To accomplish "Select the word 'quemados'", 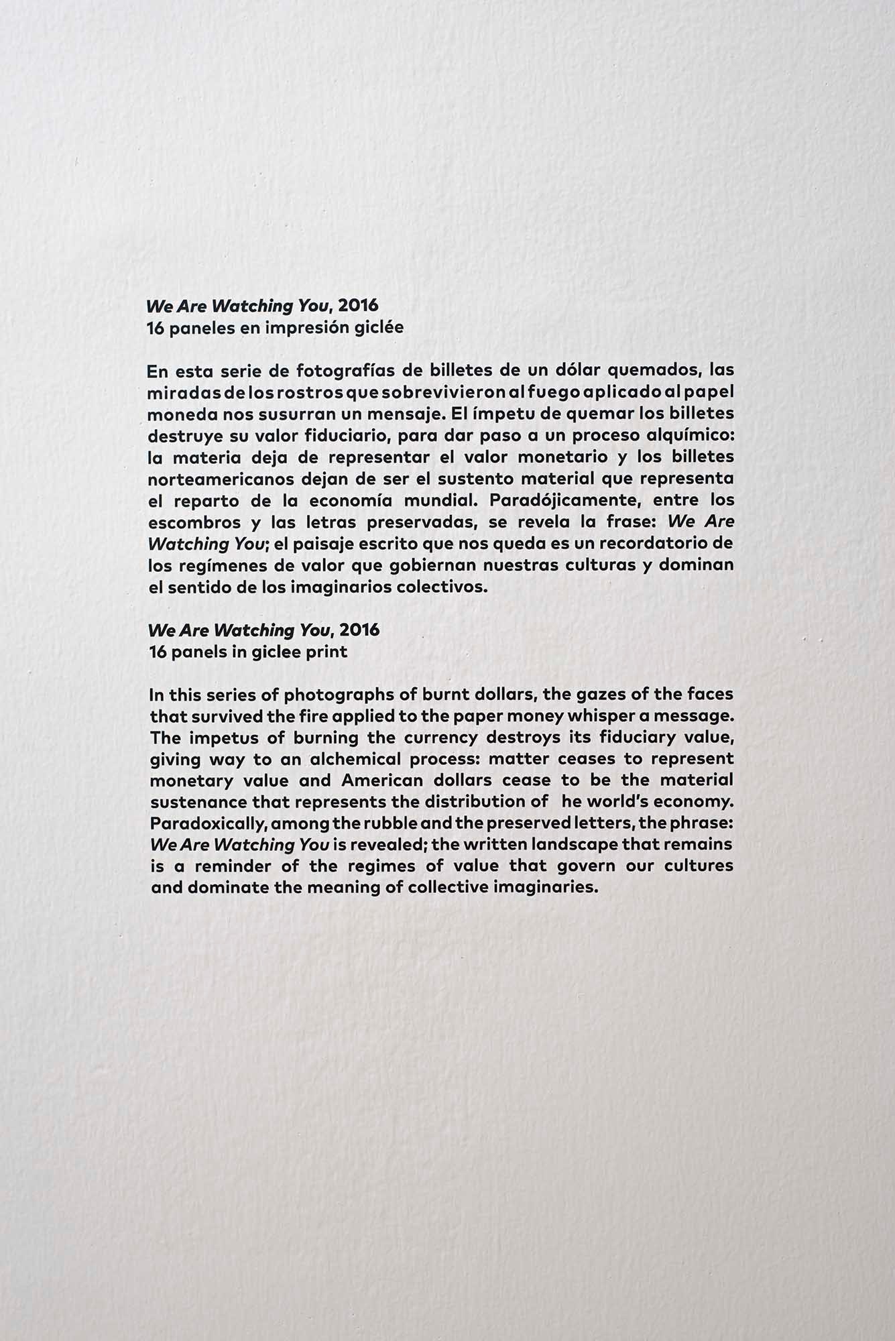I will (653, 370).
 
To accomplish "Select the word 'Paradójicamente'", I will (565, 501).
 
